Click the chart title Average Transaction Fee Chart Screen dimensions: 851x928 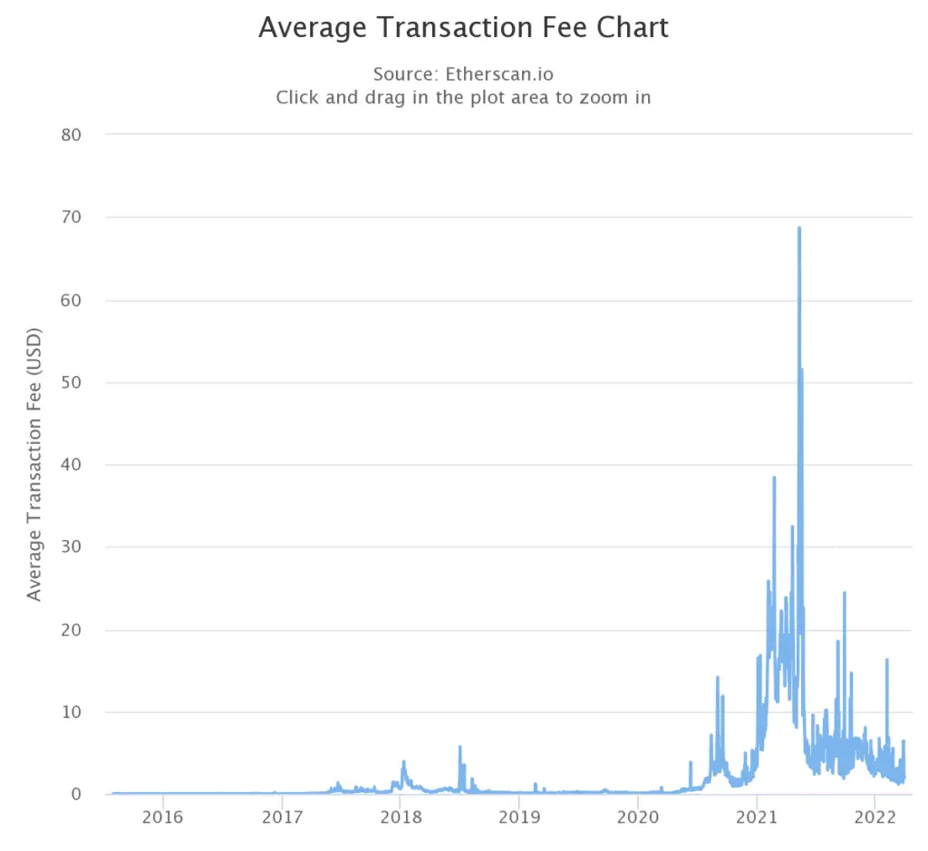[x=463, y=27]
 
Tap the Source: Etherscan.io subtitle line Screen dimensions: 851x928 [x=463, y=73]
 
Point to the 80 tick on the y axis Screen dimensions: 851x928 [x=71, y=135]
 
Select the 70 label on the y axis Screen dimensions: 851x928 [x=71, y=218]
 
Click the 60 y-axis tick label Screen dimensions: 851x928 [x=71, y=300]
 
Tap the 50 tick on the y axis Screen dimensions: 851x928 [x=71, y=382]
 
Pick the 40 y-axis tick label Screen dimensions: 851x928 [x=71, y=465]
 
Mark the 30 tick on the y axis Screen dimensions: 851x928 [x=71, y=547]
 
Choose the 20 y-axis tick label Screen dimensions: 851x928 [x=71, y=630]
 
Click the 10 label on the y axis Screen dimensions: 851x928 [x=71, y=712]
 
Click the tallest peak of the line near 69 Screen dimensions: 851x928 [x=799, y=228]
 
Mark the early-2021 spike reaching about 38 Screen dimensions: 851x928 [x=774, y=478]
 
